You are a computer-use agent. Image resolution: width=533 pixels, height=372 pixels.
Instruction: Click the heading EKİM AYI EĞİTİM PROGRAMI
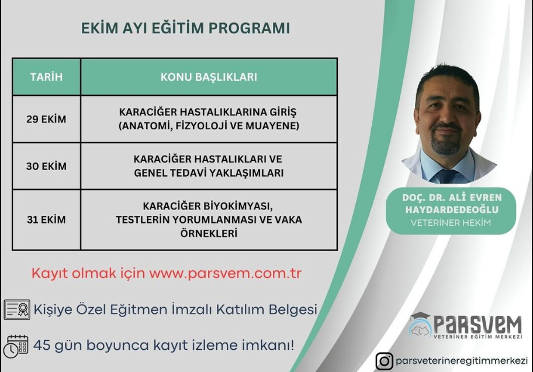coord(186,28)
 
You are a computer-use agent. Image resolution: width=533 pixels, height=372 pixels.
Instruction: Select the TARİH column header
coord(46,77)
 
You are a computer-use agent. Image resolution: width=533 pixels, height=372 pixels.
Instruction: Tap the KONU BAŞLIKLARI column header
coord(209,77)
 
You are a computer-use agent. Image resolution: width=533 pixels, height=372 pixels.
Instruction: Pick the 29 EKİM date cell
coord(46,119)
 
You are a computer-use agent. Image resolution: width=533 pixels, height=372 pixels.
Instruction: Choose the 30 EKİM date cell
coord(46,166)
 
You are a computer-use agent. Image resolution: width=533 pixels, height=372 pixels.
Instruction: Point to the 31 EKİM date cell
coord(46,219)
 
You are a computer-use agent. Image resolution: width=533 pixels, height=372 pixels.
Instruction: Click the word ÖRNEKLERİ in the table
coord(209,233)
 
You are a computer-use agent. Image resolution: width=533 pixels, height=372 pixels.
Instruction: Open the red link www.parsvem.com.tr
coord(226,274)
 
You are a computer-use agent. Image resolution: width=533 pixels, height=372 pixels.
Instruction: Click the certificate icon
coord(17,310)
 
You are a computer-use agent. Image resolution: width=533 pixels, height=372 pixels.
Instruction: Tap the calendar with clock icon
coord(16,346)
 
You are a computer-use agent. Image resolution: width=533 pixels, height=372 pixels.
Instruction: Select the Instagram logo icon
coord(385,361)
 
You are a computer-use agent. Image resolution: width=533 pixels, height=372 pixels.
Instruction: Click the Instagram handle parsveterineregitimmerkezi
coord(462,361)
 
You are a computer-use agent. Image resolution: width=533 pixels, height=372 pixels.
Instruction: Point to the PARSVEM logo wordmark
coord(477,325)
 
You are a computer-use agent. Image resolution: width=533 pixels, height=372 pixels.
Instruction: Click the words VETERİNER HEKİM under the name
coord(451,223)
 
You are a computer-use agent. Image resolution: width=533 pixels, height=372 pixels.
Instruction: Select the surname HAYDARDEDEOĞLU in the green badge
coord(452,209)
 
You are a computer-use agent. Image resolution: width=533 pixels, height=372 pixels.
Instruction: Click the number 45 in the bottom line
coord(42,345)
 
